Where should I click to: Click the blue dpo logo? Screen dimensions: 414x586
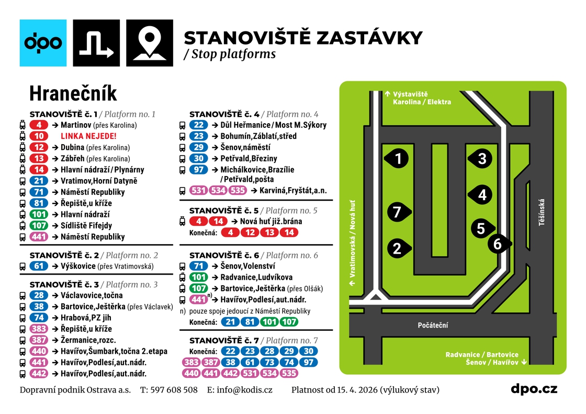(43, 43)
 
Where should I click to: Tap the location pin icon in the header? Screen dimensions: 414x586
(150, 43)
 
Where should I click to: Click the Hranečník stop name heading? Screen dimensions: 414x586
(73, 93)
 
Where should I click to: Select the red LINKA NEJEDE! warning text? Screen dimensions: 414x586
(88, 136)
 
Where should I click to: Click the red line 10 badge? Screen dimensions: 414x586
(39, 136)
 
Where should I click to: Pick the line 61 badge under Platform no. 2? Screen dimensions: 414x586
(39, 266)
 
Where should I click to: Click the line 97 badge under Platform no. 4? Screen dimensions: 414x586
(198, 170)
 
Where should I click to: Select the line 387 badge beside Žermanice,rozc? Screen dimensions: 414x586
(39, 340)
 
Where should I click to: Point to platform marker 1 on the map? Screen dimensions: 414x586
(398, 158)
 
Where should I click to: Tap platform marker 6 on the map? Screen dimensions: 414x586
(498, 244)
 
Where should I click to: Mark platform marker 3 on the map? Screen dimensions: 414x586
(482, 158)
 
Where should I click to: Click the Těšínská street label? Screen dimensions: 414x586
(542, 213)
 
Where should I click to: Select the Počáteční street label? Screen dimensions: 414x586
(433, 325)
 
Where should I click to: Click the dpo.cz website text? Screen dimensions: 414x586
(534, 389)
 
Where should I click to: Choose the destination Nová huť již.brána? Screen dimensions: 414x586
(271, 222)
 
